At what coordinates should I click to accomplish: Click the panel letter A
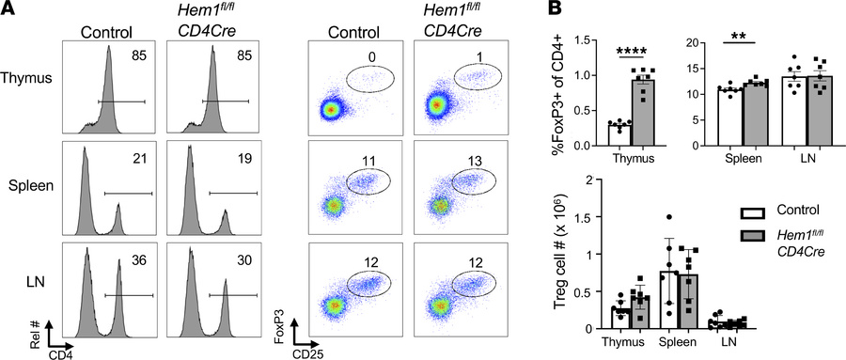pyautogui.click(x=9, y=11)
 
